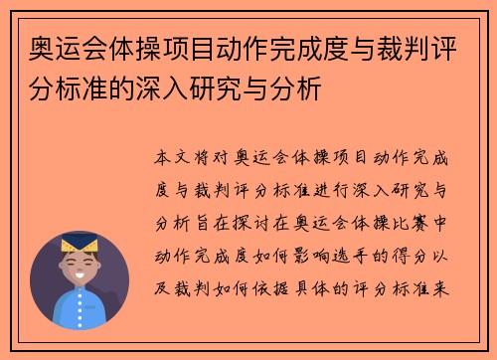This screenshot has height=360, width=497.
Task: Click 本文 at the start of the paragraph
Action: click(169, 158)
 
